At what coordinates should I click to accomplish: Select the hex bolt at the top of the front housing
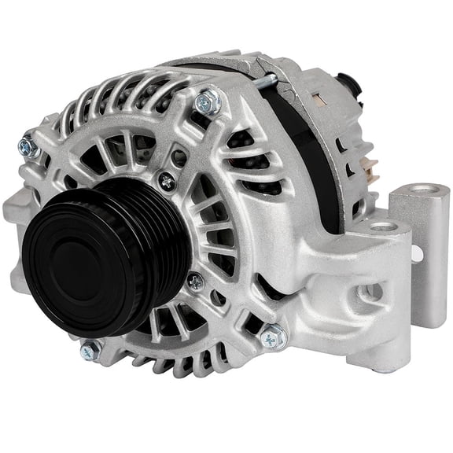coord(208,101)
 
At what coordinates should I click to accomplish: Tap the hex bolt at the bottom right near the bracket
coord(273,337)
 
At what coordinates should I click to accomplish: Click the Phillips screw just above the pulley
coord(167,181)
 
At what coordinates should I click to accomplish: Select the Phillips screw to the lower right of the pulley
coord(195,281)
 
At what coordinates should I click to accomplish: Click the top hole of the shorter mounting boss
coord(384,226)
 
